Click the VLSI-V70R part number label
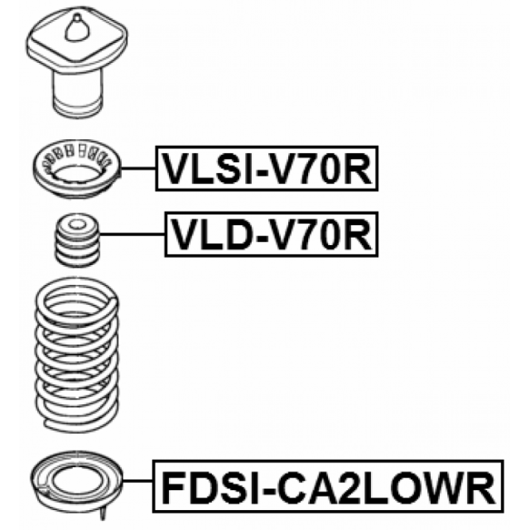click(267, 168)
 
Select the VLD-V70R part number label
click(271, 235)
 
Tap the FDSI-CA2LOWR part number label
click(328, 486)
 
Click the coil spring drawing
click(77, 355)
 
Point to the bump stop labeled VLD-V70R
click(78, 240)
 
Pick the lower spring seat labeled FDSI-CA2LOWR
click(77, 482)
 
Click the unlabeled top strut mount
click(77, 62)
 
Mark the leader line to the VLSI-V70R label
click(138, 168)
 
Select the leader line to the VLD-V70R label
click(132, 234)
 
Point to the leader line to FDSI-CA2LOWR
click(138, 480)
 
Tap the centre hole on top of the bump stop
click(78, 223)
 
